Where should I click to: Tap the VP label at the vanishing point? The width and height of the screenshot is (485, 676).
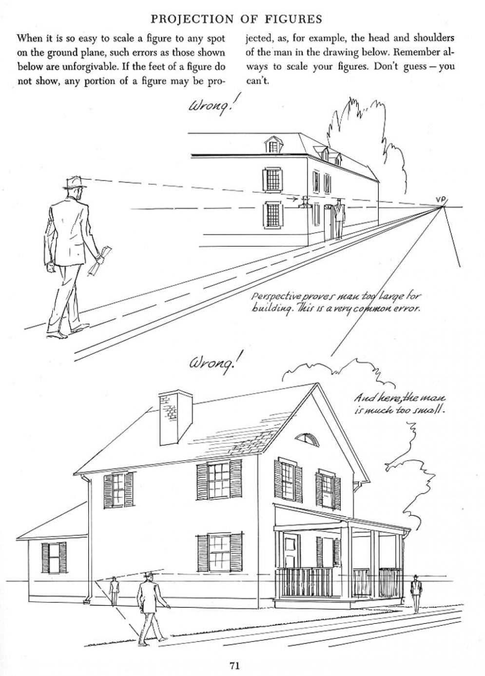pyautogui.click(x=440, y=199)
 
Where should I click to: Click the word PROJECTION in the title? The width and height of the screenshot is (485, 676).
pyautogui.click(x=192, y=19)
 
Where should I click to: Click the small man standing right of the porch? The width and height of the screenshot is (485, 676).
pyautogui.click(x=416, y=594)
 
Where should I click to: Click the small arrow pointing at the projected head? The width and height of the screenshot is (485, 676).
pyautogui.click(x=291, y=199)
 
